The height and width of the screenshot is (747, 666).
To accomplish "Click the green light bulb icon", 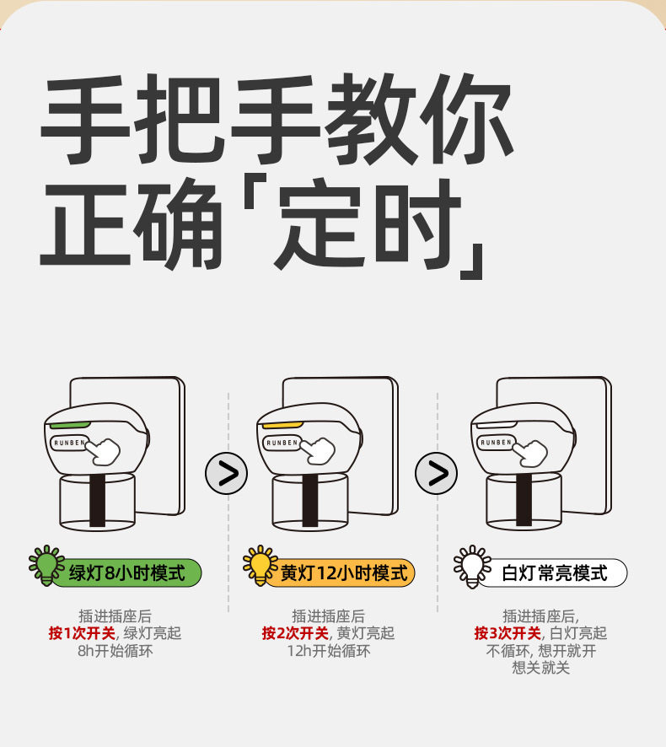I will [x=46, y=564].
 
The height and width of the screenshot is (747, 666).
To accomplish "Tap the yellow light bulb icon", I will [x=260, y=564].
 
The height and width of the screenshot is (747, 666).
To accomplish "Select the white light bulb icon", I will [x=472, y=564].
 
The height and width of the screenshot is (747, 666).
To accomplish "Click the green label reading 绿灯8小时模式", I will [x=126, y=573].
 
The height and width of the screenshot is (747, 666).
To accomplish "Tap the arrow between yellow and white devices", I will [x=436, y=473].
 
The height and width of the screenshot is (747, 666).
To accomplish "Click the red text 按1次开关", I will [x=82, y=633].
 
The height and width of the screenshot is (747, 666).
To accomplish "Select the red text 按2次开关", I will [x=295, y=633].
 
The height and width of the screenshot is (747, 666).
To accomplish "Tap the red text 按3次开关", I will [x=508, y=633].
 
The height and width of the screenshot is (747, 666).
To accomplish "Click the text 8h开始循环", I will [x=115, y=651].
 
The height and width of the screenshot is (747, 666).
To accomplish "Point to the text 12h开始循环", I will [x=328, y=651].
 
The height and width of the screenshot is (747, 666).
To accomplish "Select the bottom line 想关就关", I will [x=540, y=669].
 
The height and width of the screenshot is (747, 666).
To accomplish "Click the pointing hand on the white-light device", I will [x=532, y=451].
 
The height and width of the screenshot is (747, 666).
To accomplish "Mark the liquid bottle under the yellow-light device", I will [x=310, y=501].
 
